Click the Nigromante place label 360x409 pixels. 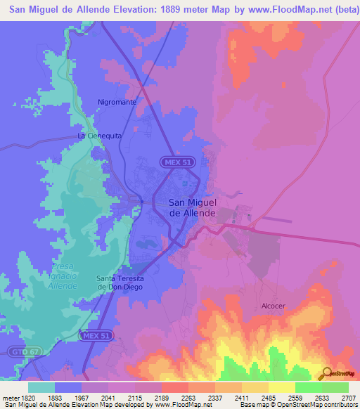(117, 102)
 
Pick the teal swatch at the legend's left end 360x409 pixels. (41, 387)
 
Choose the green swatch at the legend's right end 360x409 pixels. (335, 387)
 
